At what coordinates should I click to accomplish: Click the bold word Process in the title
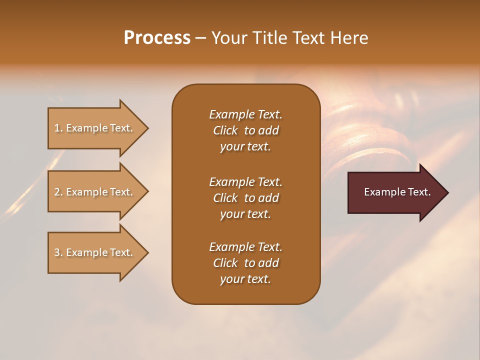click(x=157, y=38)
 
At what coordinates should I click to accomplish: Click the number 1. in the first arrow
click(x=58, y=128)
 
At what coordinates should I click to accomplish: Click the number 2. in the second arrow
click(x=58, y=192)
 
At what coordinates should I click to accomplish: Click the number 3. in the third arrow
click(x=58, y=252)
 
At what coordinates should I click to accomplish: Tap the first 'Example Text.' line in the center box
click(x=245, y=114)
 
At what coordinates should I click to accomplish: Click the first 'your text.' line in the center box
click(x=245, y=146)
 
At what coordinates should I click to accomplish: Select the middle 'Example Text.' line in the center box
click(x=245, y=181)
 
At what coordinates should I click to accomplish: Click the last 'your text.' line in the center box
click(x=245, y=279)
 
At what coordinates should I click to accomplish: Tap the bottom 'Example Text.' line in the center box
click(x=245, y=247)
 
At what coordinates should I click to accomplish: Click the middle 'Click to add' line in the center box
click(x=245, y=198)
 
